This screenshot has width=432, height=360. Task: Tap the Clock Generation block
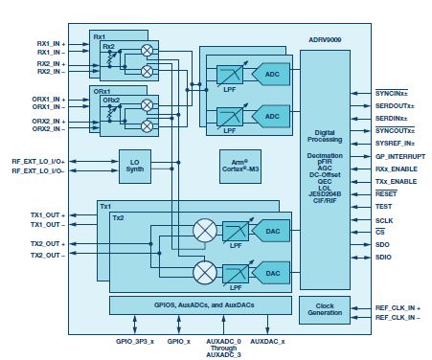(325, 311)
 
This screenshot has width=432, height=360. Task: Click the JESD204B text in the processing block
(325, 195)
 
